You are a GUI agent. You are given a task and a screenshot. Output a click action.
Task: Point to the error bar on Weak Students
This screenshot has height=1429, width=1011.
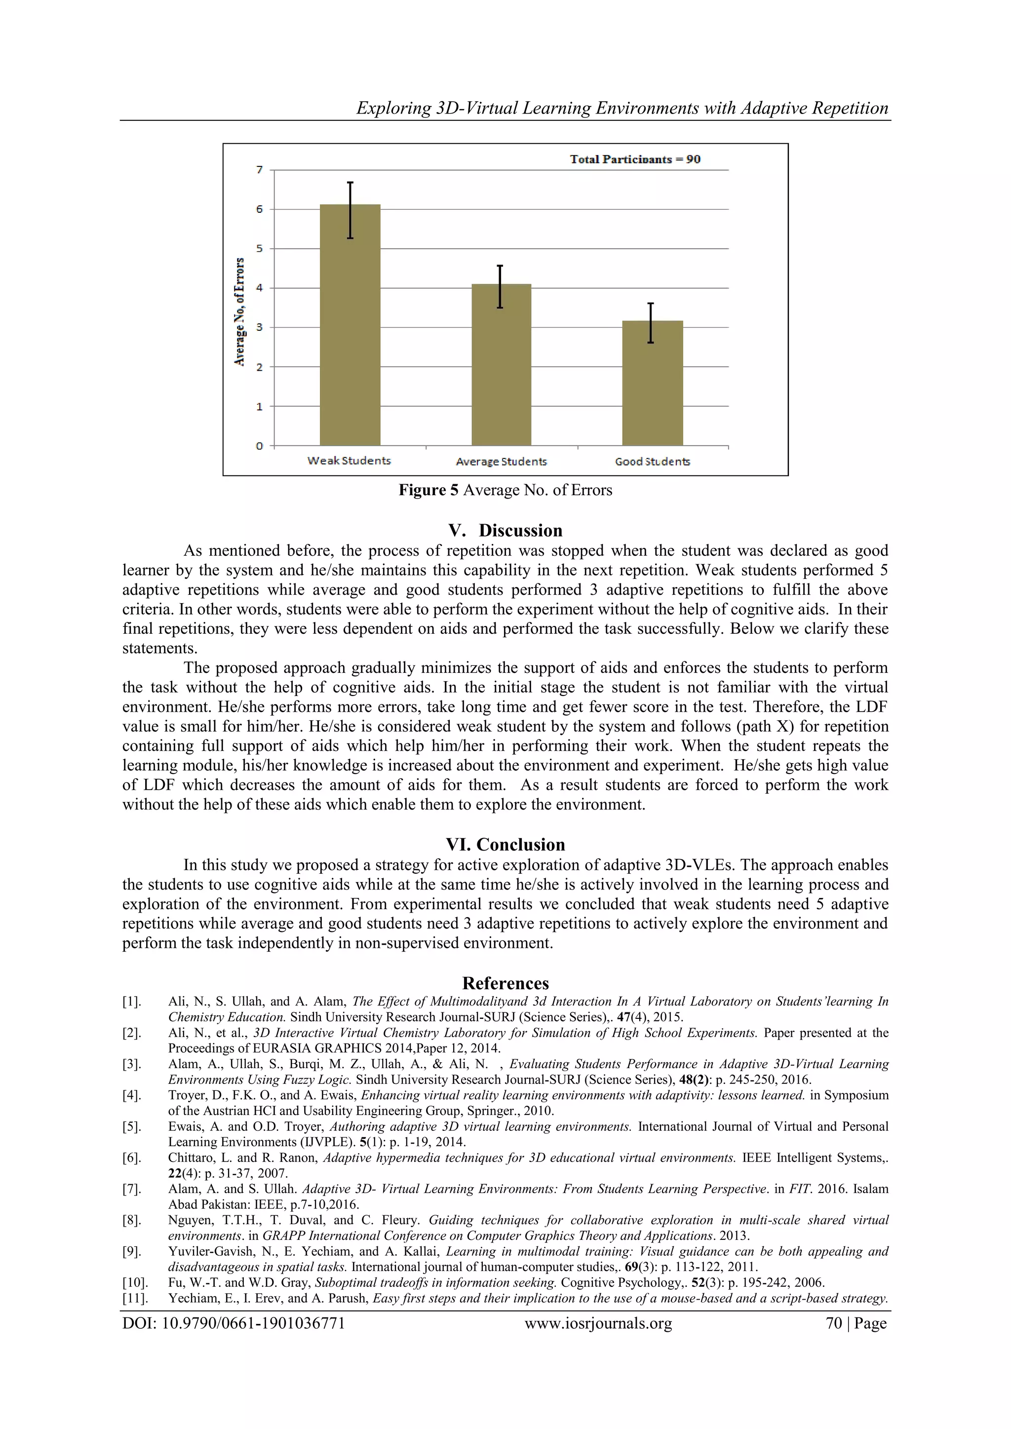pos(350,210)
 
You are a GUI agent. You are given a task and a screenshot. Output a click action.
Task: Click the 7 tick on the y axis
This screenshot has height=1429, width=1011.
pos(260,170)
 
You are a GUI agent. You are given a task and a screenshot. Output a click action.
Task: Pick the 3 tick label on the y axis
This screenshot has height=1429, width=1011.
pos(260,327)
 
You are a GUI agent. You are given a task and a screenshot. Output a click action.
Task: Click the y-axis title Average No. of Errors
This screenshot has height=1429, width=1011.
pos(239,311)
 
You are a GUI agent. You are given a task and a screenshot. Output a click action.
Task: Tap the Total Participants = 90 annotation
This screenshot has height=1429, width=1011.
pos(635,159)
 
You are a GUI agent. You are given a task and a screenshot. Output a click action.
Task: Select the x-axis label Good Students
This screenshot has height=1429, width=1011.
pos(653,461)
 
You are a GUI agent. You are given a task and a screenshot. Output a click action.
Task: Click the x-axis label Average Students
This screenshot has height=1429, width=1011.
pos(501,461)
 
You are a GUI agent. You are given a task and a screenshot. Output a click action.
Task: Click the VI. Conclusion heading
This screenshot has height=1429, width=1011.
pos(505,845)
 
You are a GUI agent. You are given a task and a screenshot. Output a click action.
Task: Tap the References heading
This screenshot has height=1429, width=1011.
pos(505,983)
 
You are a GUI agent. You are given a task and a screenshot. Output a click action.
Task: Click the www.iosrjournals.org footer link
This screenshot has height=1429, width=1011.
pos(598,1323)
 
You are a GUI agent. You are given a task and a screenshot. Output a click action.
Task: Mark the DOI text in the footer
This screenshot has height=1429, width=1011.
pos(233,1323)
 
